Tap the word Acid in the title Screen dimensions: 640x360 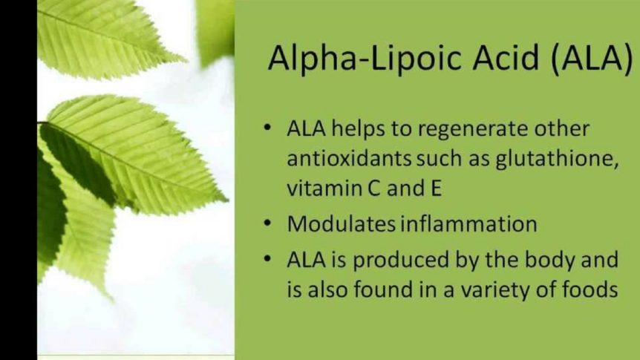(506, 57)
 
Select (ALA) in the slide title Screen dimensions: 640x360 (592, 59)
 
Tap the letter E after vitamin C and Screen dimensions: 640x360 (437, 189)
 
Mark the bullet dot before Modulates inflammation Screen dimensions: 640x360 (267, 223)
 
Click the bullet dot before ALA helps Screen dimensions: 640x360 (267, 128)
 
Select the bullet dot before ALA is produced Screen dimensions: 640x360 (267, 259)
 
